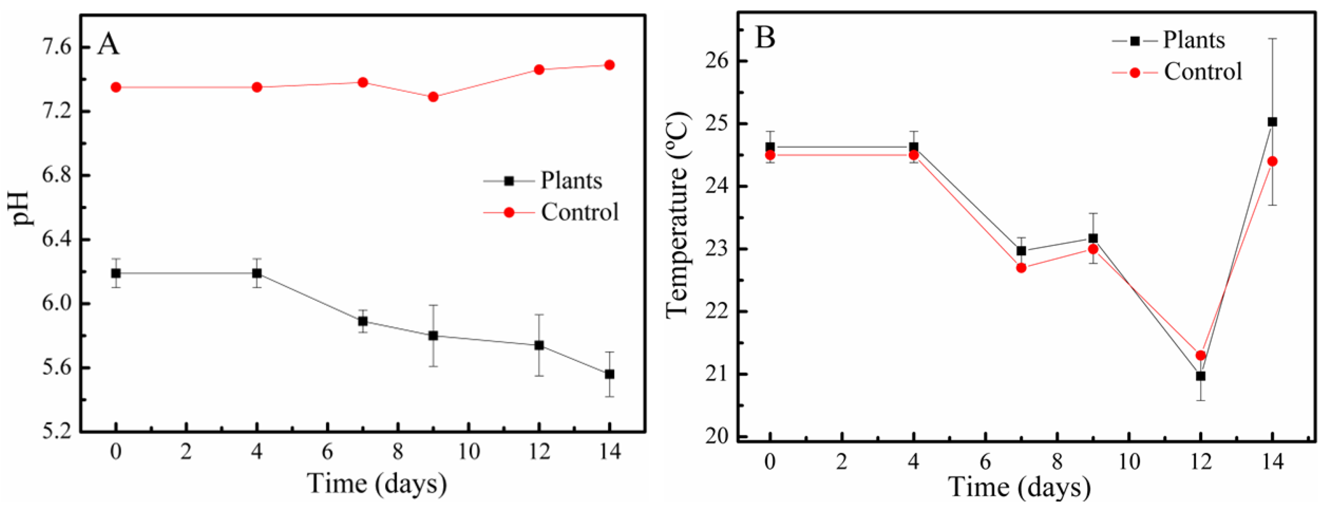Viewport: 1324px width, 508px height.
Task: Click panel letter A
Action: click(108, 44)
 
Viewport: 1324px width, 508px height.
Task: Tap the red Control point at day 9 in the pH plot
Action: click(433, 97)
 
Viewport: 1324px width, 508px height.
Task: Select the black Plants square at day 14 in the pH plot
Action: click(609, 375)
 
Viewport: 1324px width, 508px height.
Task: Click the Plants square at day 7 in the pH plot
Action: click(363, 321)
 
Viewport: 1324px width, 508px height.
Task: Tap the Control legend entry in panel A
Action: click(579, 212)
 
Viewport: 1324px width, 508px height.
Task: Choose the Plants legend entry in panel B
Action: click(1193, 40)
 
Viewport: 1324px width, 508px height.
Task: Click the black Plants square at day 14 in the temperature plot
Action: click(1272, 122)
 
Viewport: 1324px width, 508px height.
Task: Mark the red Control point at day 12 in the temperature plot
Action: click(1201, 355)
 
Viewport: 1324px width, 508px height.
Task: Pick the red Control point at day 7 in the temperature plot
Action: click(1021, 268)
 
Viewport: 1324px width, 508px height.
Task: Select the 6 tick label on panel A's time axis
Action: click(327, 452)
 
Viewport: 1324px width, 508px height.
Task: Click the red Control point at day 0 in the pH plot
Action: click(116, 87)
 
